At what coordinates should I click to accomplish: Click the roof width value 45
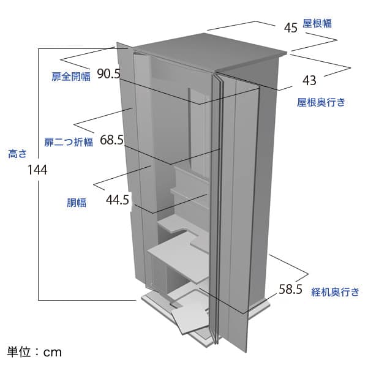[x=291, y=28]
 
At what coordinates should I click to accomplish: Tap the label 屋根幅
[x=317, y=24]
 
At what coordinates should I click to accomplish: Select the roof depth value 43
[x=309, y=80]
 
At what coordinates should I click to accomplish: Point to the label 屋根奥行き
[x=321, y=102]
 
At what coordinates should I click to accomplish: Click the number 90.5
[x=108, y=73]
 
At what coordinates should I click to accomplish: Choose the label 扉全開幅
[x=71, y=77]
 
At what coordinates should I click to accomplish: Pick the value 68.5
[x=111, y=140]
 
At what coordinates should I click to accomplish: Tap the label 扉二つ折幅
[x=69, y=142]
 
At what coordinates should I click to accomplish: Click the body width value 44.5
[x=118, y=200]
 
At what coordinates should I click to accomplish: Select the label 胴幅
[x=77, y=203]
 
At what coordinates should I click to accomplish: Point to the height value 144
[x=37, y=170]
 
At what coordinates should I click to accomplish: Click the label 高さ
[x=18, y=154]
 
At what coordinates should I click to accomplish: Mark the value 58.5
[x=291, y=290]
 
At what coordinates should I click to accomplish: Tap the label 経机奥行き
[x=335, y=292]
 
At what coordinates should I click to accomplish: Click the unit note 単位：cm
[x=34, y=352]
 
